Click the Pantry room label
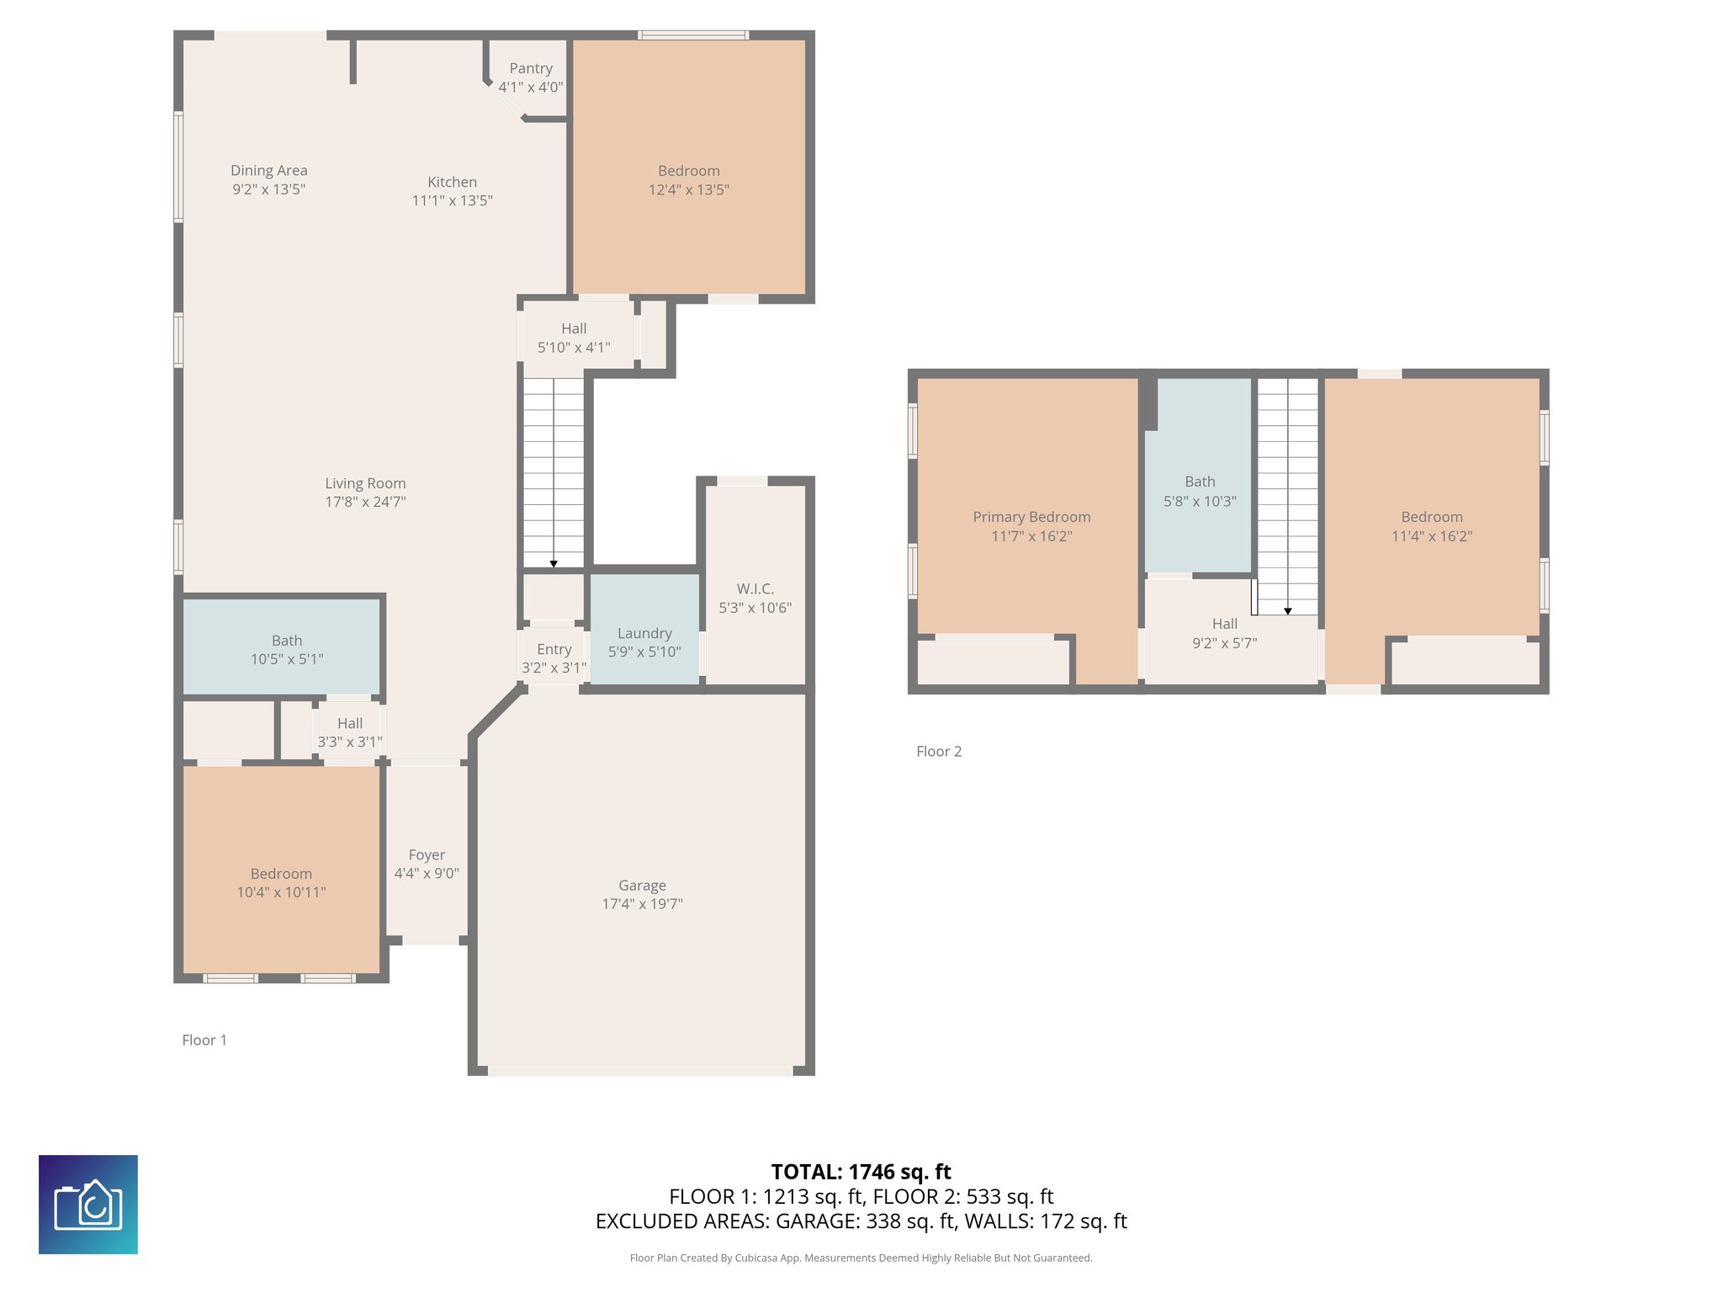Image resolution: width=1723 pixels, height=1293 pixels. (531, 68)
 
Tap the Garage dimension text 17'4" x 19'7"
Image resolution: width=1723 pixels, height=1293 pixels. (642, 904)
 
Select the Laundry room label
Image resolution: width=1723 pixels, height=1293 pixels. (644, 633)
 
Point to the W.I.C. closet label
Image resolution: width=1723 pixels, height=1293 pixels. (755, 588)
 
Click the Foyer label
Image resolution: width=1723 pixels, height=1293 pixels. (427, 855)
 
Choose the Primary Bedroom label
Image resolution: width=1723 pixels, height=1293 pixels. (1031, 517)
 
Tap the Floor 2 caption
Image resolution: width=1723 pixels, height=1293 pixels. (939, 752)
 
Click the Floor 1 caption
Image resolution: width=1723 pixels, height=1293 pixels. (204, 1040)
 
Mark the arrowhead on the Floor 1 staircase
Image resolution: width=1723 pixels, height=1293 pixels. (554, 564)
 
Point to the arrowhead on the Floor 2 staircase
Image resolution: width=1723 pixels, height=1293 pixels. (1287, 611)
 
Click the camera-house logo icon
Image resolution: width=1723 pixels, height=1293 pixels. (88, 1205)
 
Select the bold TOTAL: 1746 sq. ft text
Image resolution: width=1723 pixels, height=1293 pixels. (861, 1172)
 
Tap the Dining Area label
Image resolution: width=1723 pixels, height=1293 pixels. (269, 171)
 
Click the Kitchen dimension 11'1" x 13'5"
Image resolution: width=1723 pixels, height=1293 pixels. (452, 200)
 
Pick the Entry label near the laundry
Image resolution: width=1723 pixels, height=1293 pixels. (554, 650)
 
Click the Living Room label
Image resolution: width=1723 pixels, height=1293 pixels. (365, 483)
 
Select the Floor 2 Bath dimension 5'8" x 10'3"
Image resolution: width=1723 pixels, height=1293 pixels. (1200, 502)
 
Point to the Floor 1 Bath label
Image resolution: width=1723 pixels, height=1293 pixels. (287, 641)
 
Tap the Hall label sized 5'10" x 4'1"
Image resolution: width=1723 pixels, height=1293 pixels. (574, 328)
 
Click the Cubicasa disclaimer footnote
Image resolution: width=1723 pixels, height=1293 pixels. (861, 1258)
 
